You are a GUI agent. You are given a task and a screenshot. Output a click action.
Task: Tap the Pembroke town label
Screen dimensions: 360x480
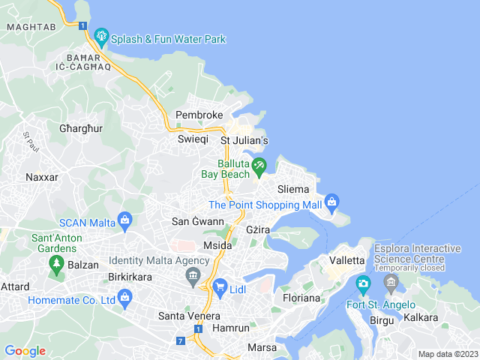pyautogui.click(x=199, y=115)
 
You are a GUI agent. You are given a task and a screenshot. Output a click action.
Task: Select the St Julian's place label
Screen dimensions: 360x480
pyautogui.click(x=244, y=140)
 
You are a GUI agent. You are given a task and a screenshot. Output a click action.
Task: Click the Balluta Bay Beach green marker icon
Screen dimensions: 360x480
pyautogui.click(x=259, y=165)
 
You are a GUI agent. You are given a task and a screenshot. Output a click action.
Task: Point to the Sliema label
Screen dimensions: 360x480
pyautogui.click(x=293, y=188)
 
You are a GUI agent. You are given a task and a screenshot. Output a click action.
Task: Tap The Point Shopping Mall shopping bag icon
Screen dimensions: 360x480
pyautogui.click(x=332, y=201)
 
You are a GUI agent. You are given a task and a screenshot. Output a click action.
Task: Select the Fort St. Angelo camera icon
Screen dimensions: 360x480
pyautogui.click(x=364, y=283)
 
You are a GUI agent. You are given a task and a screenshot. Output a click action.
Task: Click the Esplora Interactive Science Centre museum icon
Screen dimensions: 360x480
pyautogui.click(x=391, y=283)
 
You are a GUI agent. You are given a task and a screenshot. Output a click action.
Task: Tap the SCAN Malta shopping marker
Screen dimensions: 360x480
pyautogui.click(x=124, y=219)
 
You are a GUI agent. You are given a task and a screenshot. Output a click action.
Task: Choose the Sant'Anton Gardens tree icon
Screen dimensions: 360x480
pyautogui.click(x=55, y=262)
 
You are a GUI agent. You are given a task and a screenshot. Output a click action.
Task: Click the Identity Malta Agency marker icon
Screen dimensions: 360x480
pyautogui.click(x=193, y=277)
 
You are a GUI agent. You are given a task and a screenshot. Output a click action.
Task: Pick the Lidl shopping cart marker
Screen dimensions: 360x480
pyautogui.click(x=220, y=286)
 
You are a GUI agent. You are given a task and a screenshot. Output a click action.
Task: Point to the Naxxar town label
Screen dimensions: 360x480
pyautogui.click(x=42, y=177)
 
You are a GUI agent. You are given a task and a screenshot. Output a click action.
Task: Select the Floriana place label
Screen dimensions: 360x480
pyautogui.click(x=301, y=298)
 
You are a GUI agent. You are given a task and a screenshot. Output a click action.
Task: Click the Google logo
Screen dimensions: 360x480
pyautogui.click(x=25, y=351)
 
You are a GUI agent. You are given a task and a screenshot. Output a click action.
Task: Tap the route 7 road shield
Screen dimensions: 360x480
pyautogui.click(x=181, y=341)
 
